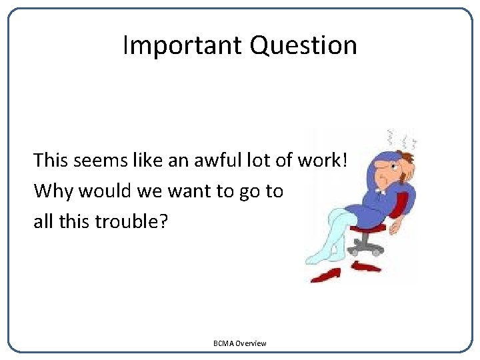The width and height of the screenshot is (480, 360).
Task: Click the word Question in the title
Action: pos(303,45)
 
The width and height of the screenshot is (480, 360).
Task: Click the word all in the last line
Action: pos(42,221)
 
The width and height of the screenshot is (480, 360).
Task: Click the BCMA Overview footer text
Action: pos(239,343)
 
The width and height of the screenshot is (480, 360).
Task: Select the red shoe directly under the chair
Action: pos(366,267)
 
